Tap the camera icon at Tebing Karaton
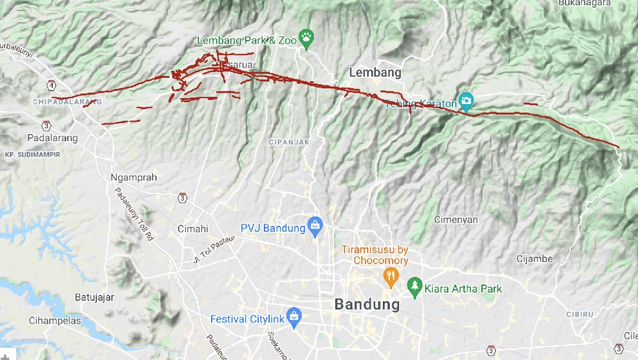click(466, 100)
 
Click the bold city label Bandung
click(367, 304)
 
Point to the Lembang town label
click(375, 72)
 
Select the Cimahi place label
click(192, 229)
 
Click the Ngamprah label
click(133, 177)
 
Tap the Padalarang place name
click(52, 138)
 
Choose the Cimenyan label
click(456, 220)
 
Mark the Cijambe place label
click(534, 259)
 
